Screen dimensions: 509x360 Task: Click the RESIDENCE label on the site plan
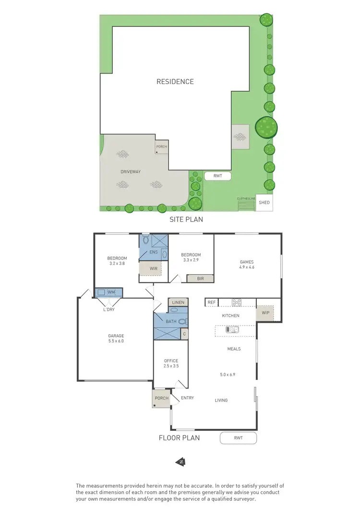coord(175,82)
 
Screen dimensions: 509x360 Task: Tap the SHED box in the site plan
coord(264,203)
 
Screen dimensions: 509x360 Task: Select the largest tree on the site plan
coord(266,128)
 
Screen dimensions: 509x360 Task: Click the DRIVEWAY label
coord(131,171)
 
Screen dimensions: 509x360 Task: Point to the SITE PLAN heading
coord(186,219)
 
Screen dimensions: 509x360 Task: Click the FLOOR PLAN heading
coord(179,437)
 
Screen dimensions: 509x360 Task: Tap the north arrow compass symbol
coord(181,462)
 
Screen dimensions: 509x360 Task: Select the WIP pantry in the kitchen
coord(265,313)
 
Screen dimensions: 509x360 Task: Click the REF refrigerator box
coord(211,303)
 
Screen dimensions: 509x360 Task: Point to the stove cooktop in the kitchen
coord(237,303)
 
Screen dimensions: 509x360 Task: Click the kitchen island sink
coord(233,329)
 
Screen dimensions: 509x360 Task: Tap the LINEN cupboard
coord(178,303)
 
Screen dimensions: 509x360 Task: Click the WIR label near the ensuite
coord(154,268)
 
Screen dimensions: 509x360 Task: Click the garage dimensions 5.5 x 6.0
coord(116,341)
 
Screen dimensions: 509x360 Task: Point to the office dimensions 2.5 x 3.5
coord(171,366)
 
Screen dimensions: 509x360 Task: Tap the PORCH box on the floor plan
coord(161,398)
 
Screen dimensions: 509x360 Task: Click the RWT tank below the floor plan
coord(239,438)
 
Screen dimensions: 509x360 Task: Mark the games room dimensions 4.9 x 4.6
coord(247,267)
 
